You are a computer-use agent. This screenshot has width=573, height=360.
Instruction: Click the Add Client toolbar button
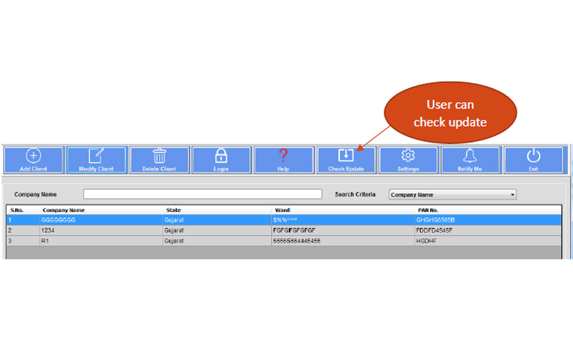click(33, 160)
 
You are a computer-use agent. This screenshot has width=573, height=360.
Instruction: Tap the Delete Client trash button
click(159, 160)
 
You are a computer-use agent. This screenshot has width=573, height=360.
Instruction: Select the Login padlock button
click(221, 160)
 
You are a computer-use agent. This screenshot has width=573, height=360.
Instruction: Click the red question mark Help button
click(283, 160)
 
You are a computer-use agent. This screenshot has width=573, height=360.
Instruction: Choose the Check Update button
click(346, 160)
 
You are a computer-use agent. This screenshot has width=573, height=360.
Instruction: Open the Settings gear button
click(408, 160)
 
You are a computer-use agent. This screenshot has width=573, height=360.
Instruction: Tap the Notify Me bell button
click(470, 160)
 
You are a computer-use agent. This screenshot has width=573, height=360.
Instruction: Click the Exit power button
click(533, 160)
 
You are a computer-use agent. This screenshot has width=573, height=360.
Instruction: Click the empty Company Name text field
click(203, 194)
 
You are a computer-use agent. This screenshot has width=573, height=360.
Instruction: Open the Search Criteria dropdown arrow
click(513, 194)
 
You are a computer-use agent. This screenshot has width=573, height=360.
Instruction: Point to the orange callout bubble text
click(450, 113)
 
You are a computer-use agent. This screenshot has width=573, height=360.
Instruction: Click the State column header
click(174, 210)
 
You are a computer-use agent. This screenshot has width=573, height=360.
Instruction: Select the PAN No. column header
click(428, 210)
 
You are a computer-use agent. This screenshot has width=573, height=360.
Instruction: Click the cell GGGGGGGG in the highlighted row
click(58, 220)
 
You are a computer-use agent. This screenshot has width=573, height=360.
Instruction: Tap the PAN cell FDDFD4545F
click(434, 230)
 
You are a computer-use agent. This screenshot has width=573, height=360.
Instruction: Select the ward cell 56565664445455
click(297, 240)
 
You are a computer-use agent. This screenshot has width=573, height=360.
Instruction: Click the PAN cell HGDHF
click(426, 240)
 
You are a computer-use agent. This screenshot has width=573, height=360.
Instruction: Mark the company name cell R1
click(45, 240)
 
